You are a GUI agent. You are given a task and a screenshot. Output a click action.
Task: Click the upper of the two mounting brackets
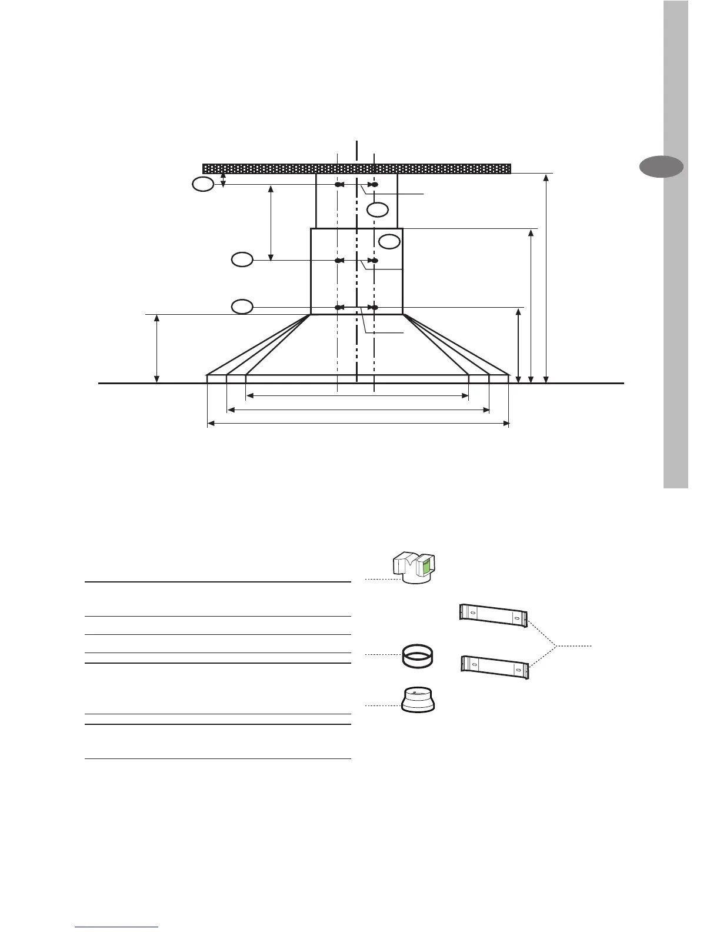[493, 615]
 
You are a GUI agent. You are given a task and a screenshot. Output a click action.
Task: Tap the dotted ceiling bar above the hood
[356, 168]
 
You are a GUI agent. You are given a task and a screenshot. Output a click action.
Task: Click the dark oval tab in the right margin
[661, 167]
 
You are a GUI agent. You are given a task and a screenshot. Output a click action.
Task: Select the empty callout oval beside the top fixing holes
[202, 185]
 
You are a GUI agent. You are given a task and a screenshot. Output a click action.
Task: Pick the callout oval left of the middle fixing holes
[242, 259]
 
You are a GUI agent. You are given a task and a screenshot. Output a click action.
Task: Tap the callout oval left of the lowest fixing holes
[242, 307]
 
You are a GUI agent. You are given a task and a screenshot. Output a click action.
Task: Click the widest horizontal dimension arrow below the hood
[358, 422]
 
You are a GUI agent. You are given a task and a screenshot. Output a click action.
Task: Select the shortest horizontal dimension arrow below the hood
[356, 396]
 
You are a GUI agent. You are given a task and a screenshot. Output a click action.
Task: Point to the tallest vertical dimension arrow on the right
[546, 278]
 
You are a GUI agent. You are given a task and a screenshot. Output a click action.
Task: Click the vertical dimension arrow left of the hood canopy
[157, 348]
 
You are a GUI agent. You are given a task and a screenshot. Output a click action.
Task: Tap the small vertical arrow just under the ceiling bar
[223, 179]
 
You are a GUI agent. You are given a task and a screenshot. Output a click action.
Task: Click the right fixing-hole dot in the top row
[374, 185]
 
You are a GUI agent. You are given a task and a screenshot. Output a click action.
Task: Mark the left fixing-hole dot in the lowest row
[338, 307]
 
